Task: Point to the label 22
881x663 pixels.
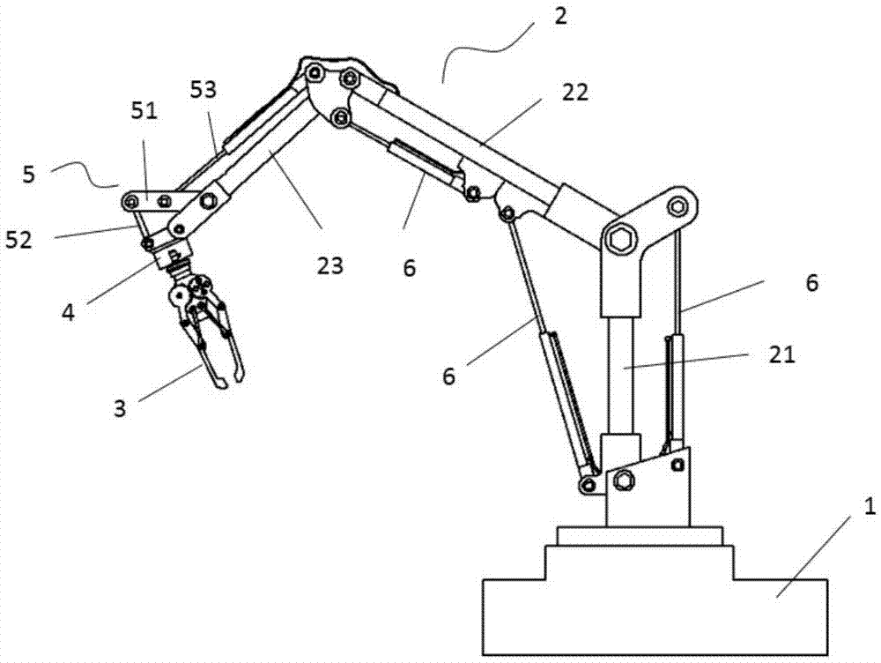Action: [x=576, y=92]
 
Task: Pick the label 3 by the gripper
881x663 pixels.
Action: [x=121, y=407]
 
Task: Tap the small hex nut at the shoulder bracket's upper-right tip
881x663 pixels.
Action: [x=676, y=207]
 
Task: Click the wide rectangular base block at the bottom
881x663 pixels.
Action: [x=653, y=617]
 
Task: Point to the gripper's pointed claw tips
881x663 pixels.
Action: [x=227, y=380]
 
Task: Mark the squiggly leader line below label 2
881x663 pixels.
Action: [x=480, y=55]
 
